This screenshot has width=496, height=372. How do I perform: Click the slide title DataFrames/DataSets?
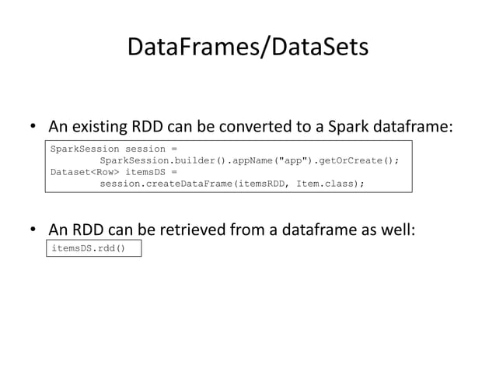pos(247,48)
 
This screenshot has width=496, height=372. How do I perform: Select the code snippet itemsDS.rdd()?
pos(88,249)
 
